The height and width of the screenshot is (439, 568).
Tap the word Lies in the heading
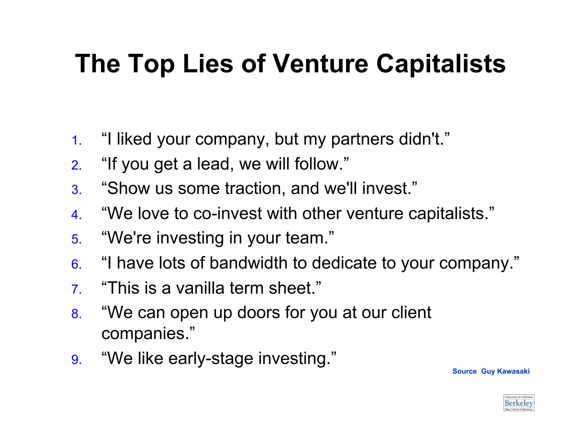click(208, 64)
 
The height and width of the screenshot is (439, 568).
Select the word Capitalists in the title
click(441, 64)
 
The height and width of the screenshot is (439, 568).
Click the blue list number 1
click(76, 140)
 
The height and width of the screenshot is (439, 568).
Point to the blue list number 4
click(76, 215)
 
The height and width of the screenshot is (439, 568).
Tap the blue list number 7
click(76, 289)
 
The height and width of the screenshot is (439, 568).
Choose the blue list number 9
click(76, 360)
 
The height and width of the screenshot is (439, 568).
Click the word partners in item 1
click(362, 139)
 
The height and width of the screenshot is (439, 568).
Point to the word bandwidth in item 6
click(248, 263)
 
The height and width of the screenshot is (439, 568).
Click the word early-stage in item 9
click(211, 359)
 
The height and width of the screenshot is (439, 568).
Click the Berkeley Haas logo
click(519, 403)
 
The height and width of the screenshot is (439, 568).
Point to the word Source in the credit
click(464, 371)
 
